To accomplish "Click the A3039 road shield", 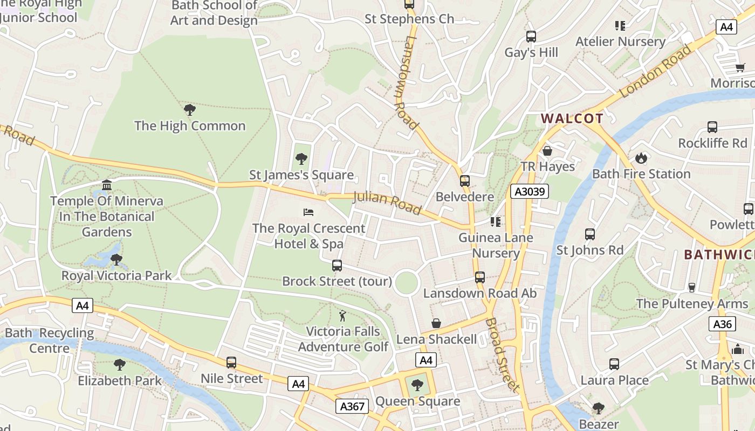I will click(x=529, y=191).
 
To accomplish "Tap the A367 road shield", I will click(x=353, y=406).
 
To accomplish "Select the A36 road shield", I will click(x=722, y=324).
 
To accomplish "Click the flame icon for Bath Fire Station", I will click(x=641, y=158).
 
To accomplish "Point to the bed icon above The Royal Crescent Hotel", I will click(x=308, y=212).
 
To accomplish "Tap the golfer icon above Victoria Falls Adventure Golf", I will click(x=342, y=315).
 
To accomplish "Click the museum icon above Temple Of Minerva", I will click(x=107, y=185).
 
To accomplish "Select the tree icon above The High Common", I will click(x=189, y=110).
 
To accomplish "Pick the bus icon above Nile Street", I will click(x=231, y=363).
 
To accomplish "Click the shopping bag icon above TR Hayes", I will click(x=547, y=151).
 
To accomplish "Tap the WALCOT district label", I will click(x=572, y=119).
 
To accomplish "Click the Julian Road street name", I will click(x=387, y=203).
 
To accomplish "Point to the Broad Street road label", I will click(x=502, y=354).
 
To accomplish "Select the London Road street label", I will click(x=655, y=71).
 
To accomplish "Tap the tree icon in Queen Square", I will click(x=417, y=385).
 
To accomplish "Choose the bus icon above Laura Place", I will click(x=614, y=364).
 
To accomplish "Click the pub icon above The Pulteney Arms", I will click(x=692, y=288).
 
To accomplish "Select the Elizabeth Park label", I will click(x=120, y=381).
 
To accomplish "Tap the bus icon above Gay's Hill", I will click(x=531, y=37).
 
